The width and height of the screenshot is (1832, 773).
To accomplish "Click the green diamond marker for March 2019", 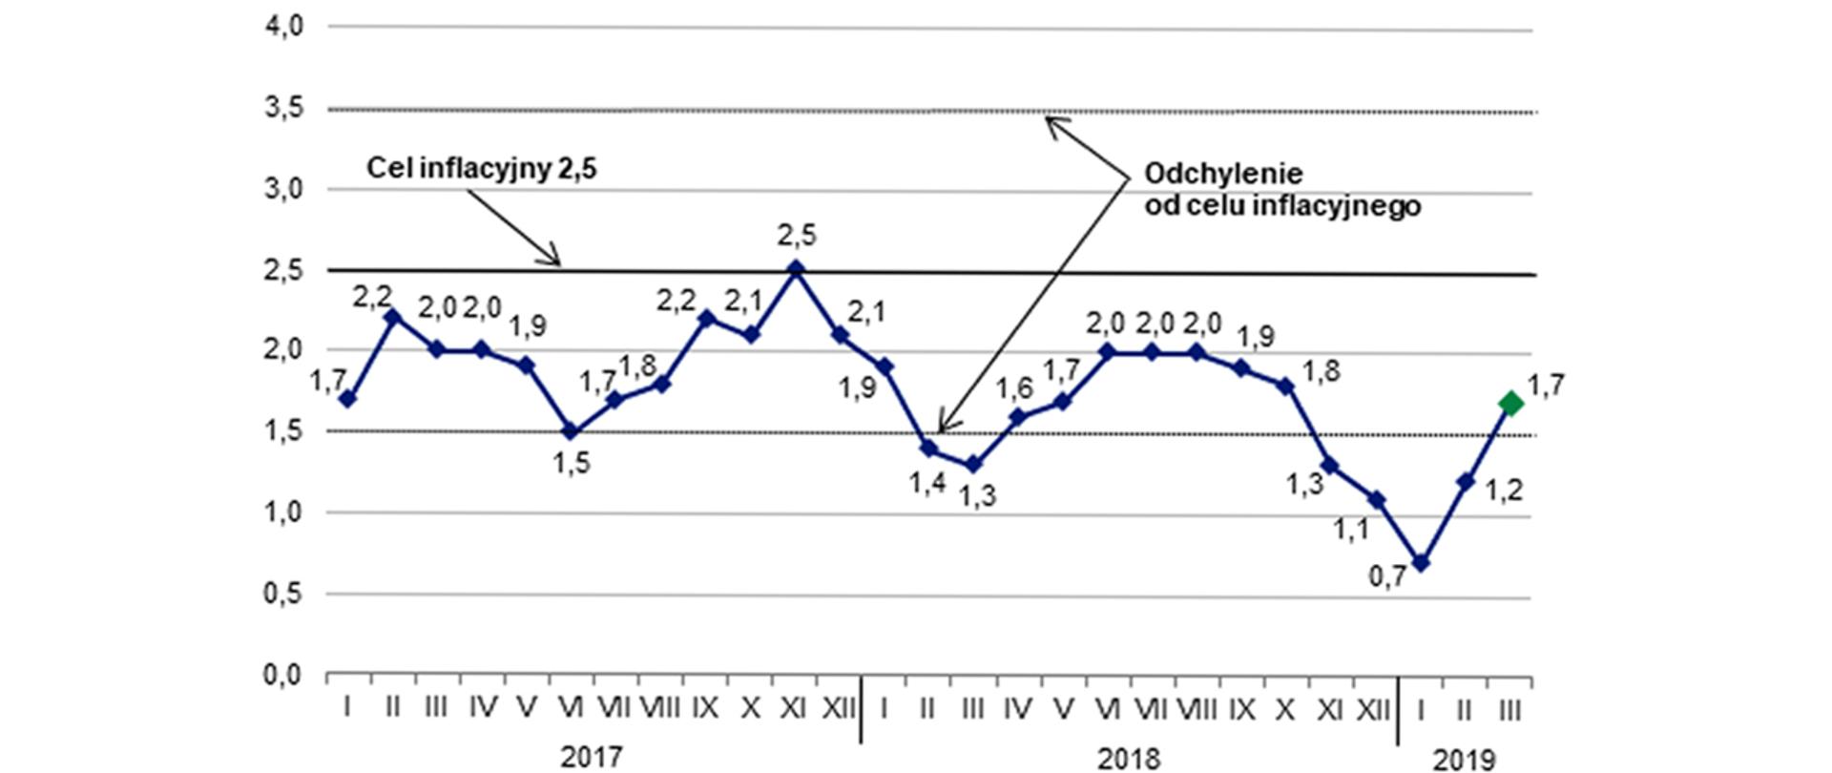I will tap(1511, 404).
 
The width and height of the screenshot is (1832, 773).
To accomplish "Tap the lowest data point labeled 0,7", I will tap(1421, 564).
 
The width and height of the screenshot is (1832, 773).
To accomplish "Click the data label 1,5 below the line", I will tap(572, 464).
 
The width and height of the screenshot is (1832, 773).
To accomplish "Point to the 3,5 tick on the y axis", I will tap(283, 109).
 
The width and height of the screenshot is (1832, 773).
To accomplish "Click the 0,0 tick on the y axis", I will tap(283, 676).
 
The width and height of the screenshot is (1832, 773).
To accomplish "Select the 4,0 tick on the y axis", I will tap(283, 27).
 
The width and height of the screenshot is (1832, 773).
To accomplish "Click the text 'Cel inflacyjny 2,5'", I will tap(482, 170).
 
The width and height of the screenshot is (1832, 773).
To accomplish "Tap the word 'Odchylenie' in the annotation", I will tap(1223, 175).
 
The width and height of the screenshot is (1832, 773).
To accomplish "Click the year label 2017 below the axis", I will tap(591, 758).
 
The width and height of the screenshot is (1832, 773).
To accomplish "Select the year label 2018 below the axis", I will tap(1129, 759).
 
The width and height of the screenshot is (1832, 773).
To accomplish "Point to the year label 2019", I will tap(1465, 760).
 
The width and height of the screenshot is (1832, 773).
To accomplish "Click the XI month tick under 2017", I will tap(794, 708).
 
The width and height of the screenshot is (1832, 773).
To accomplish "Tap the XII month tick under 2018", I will tap(1374, 708).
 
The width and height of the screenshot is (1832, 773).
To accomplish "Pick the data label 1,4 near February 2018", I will tap(926, 484).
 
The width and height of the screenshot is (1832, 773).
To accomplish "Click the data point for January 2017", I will tap(348, 399).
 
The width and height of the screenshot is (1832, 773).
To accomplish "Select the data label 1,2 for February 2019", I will tap(1504, 491).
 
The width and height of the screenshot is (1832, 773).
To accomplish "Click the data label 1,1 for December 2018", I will tap(1350, 530).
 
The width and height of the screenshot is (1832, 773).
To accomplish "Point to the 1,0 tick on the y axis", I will tap(283, 512).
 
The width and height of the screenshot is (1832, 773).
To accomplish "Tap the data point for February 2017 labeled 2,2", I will tap(393, 317).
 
